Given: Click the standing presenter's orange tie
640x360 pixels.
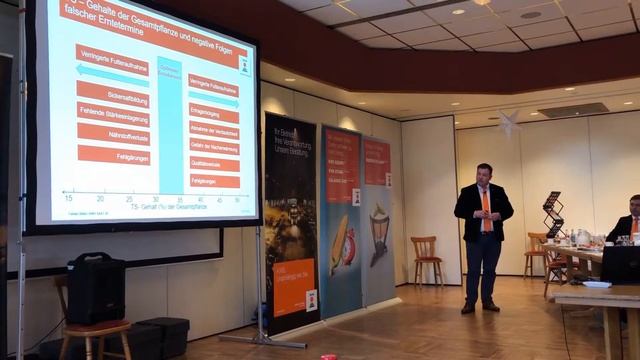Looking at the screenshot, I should coord(486,209).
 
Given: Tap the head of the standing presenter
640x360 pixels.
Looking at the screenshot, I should coord(484,174).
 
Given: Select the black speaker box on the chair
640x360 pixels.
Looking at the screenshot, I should coord(96,289).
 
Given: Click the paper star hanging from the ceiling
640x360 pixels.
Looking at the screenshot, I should coord(508,122).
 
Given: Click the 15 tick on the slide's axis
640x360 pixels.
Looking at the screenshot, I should coord(68,198).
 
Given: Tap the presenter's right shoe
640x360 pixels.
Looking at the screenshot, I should coord(468,308).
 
